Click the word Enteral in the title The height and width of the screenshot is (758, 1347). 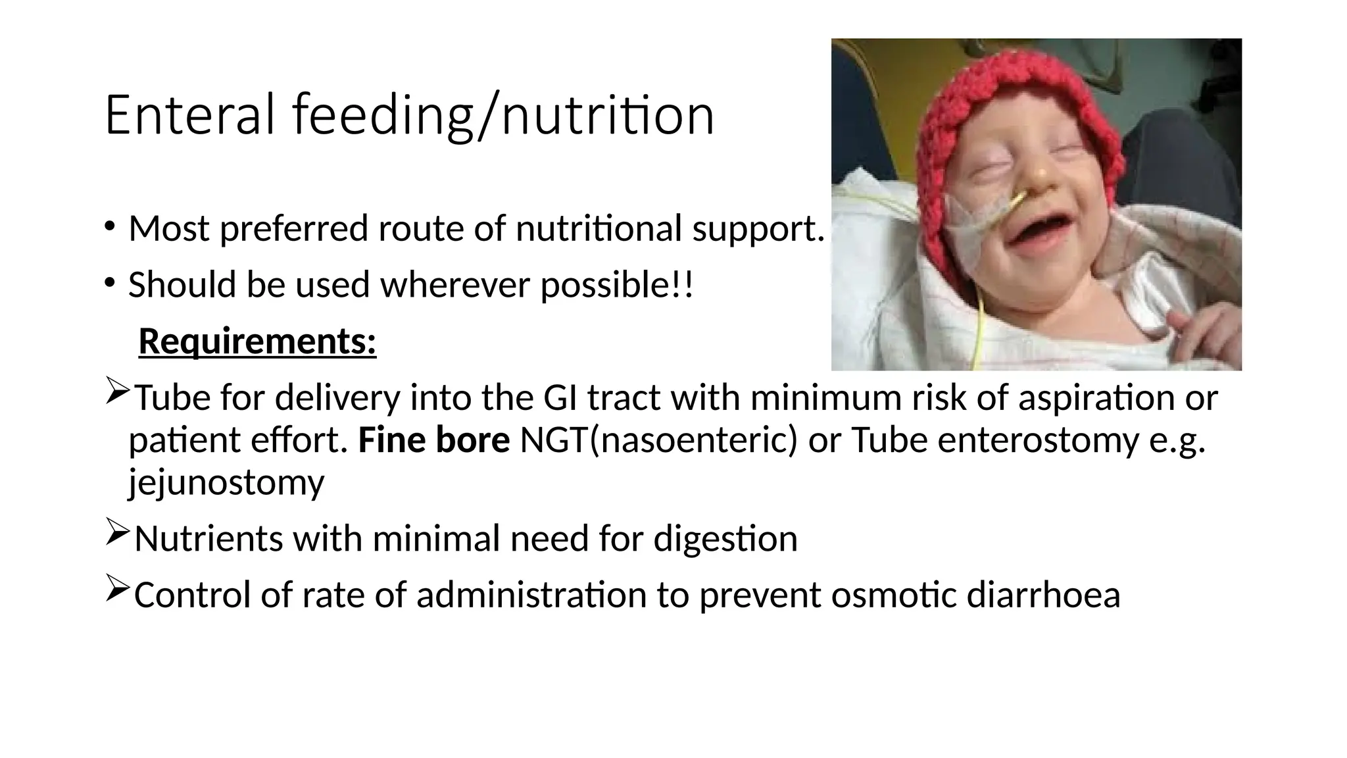click(x=189, y=115)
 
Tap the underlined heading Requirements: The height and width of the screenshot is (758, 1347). click(x=257, y=341)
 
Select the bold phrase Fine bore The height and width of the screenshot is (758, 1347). click(x=433, y=440)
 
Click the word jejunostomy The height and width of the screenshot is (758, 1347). click(x=226, y=482)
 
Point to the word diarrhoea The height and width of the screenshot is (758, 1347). click(x=1043, y=595)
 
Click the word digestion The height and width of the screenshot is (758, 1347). click(x=725, y=538)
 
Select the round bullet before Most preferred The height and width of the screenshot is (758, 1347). click(x=109, y=227)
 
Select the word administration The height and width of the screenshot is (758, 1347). click(x=531, y=595)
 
